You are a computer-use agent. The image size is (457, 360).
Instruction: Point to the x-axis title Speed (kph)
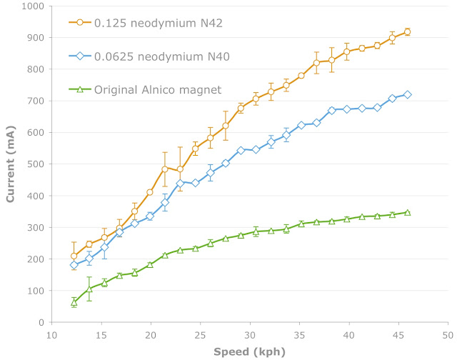[x=249, y=352]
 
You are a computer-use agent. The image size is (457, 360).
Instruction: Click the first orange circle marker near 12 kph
[x=74, y=256]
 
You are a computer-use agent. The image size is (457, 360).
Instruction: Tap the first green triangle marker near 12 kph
[x=74, y=302]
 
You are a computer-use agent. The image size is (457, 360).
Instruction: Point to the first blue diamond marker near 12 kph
[x=74, y=265]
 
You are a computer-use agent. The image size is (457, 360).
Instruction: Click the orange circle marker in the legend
[x=81, y=22]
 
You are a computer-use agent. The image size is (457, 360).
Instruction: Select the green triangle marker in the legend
[x=81, y=89]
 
